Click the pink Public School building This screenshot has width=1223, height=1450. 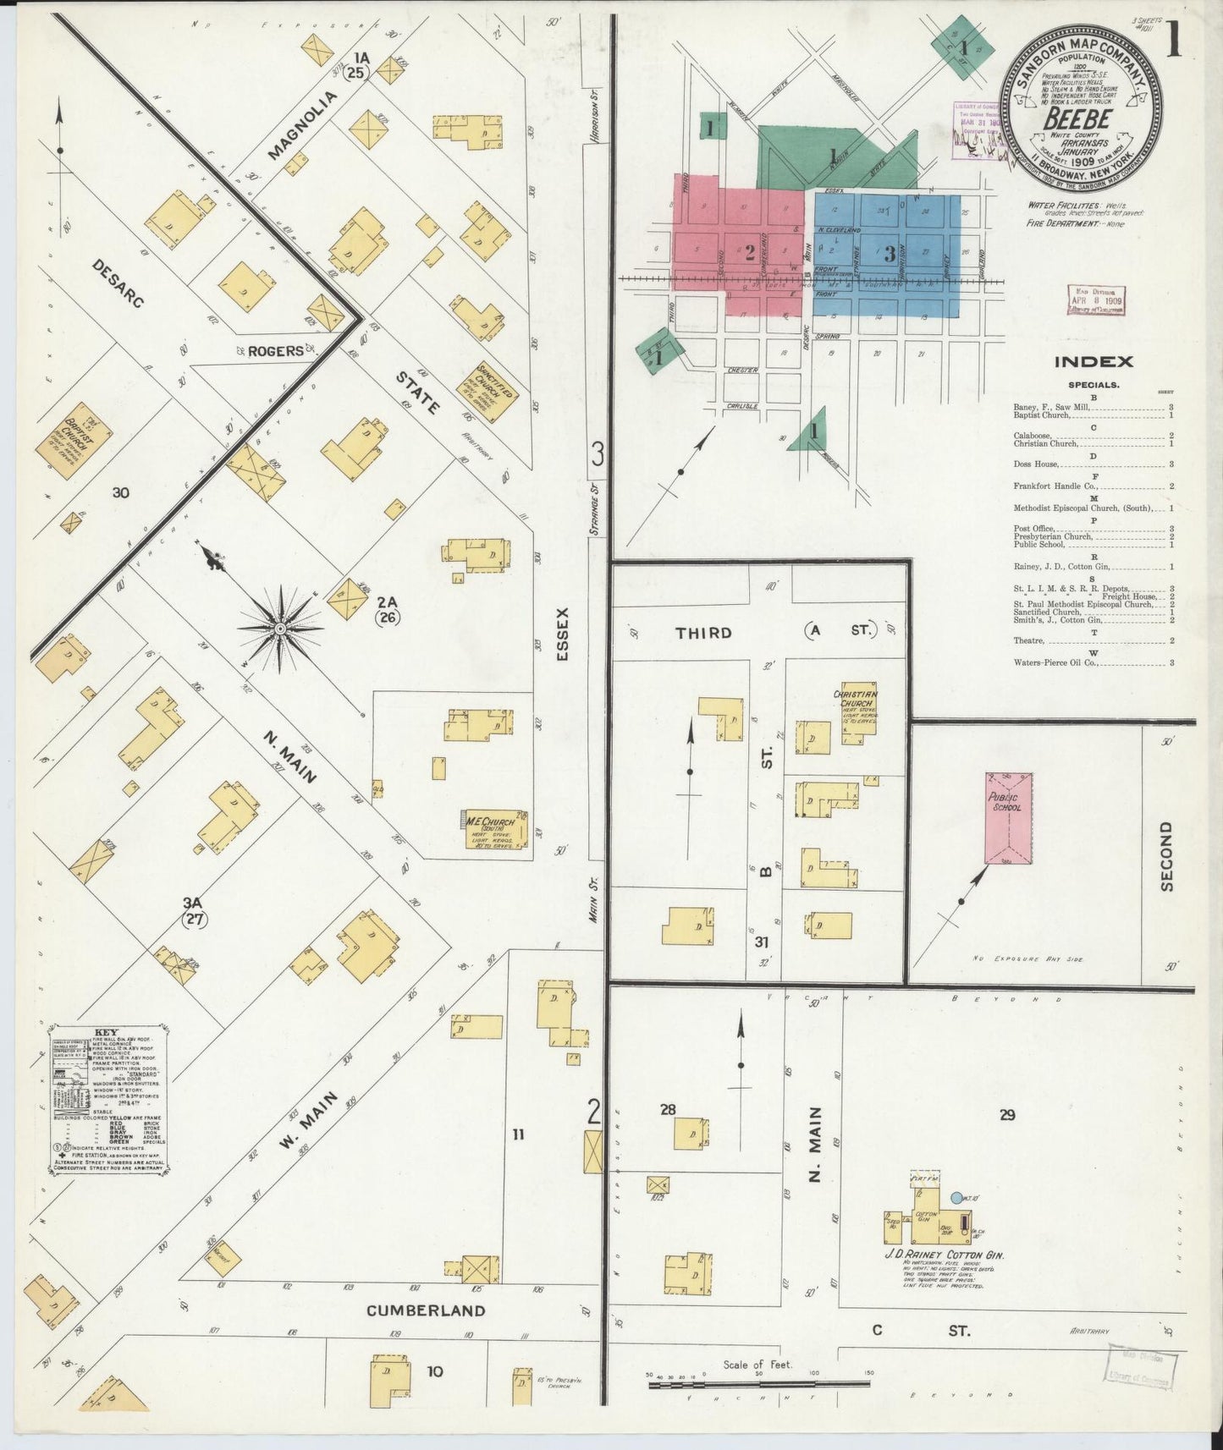[x=1008, y=818]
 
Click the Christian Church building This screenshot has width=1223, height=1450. [x=858, y=712]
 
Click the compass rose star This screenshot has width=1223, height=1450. [x=279, y=629]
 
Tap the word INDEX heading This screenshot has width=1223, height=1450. [x=1093, y=362]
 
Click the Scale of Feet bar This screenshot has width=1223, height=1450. [x=757, y=1384]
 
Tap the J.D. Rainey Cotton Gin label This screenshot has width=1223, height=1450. [x=944, y=1256]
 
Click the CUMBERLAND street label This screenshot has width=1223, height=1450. [x=426, y=1310]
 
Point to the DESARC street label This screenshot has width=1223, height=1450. [x=118, y=283]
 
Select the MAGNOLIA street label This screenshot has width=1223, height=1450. [x=302, y=125]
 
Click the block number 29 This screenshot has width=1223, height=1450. [x=1006, y=1115]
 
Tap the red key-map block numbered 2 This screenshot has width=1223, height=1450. [x=748, y=251]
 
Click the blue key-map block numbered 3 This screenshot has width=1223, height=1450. [x=890, y=253]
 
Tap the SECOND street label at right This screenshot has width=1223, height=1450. [x=1167, y=855]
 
